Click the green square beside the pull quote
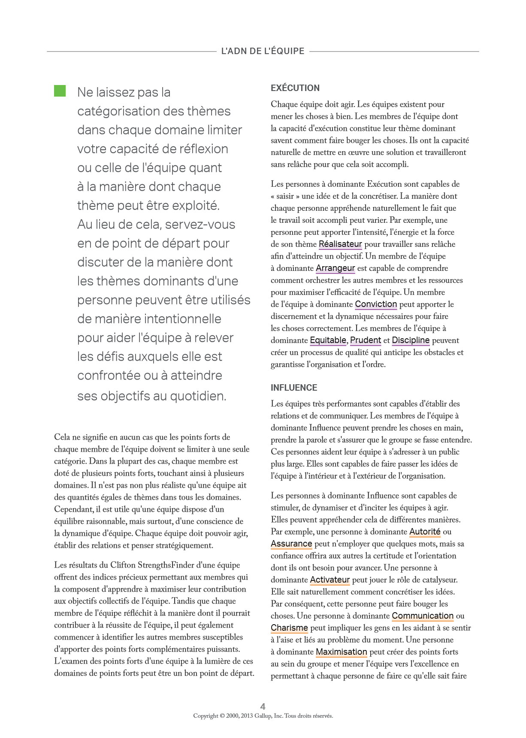click(60, 91)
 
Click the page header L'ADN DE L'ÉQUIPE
click(263, 51)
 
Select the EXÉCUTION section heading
click(295, 88)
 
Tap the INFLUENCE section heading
click(294, 388)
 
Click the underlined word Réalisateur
click(340, 244)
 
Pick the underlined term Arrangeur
click(335, 268)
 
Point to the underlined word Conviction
click(376, 304)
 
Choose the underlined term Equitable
click(328, 340)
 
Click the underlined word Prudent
click(366, 340)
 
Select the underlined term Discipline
click(411, 340)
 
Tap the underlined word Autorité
click(425, 532)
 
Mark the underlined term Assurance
click(291, 544)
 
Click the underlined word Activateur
click(330, 580)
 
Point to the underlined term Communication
click(423, 616)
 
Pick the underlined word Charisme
click(289, 628)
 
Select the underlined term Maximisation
click(341, 652)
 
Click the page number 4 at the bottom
click(263, 706)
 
